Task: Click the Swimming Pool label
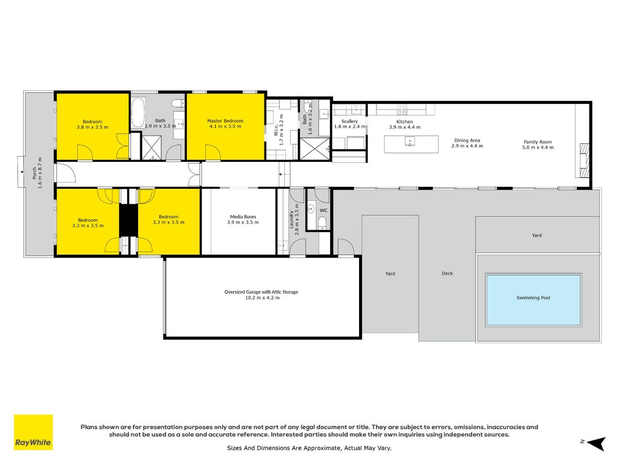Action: (533, 298)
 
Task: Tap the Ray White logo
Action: (33, 432)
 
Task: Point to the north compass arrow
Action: (596, 443)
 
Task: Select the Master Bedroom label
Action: (225, 121)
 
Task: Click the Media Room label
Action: (242, 216)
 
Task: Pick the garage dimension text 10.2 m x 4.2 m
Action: (262, 298)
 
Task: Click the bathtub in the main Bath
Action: (137, 113)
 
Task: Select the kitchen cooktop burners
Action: (401, 109)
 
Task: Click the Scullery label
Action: (349, 121)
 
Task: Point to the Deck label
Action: (447, 273)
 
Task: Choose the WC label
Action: (323, 211)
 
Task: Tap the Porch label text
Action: (34, 173)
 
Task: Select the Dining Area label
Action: (467, 140)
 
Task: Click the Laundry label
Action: (291, 219)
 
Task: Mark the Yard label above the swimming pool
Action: (537, 235)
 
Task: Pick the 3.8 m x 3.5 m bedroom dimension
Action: (92, 128)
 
